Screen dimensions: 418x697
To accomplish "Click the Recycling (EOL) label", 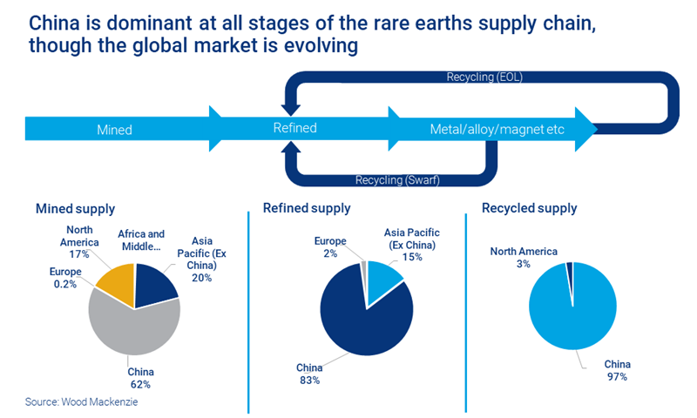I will point(484,78).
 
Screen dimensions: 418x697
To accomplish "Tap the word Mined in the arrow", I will point(114,131).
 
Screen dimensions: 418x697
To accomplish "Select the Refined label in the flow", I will point(294,128).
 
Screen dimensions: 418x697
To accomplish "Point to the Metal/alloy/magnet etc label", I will point(497,130).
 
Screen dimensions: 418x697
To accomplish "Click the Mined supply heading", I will point(75,209).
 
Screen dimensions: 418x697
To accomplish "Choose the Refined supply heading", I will point(307,208).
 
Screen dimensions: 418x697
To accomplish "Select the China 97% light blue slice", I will point(575,313).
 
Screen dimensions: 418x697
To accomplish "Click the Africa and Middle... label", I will point(141,239).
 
